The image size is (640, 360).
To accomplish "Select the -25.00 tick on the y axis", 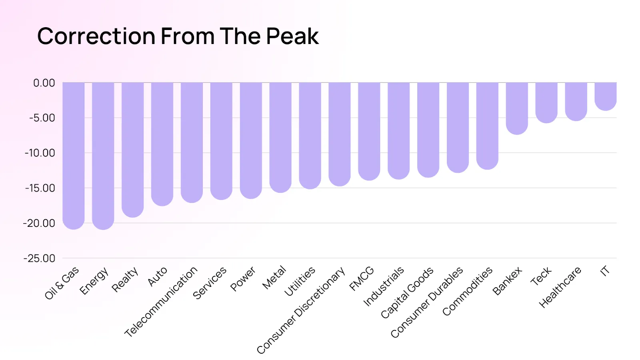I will [x=39, y=258].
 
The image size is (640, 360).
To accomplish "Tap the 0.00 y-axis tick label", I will [x=44, y=83].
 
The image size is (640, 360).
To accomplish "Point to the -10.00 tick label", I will [x=40, y=153].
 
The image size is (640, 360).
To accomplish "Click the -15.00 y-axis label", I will [x=40, y=188].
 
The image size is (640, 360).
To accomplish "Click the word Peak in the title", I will [x=292, y=36].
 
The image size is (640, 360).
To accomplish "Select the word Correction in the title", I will [x=96, y=36].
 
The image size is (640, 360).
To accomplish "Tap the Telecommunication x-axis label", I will [x=161, y=302].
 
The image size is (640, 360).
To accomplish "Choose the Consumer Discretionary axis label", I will [x=301, y=310].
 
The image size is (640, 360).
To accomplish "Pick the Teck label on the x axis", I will [x=541, y=276].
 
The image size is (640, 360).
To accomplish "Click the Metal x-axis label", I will [x=274, y=277].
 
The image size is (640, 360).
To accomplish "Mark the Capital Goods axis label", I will [x=407, y=292].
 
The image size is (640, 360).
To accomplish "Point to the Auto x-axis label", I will [x=157, y=276].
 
